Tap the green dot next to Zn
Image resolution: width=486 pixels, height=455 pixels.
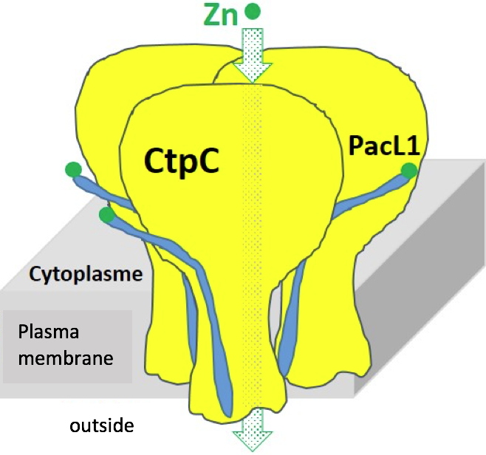pos(253,11)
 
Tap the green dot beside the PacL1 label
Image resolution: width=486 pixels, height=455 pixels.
pos(408,171)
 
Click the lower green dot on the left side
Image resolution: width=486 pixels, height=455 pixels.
pos(107,215)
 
